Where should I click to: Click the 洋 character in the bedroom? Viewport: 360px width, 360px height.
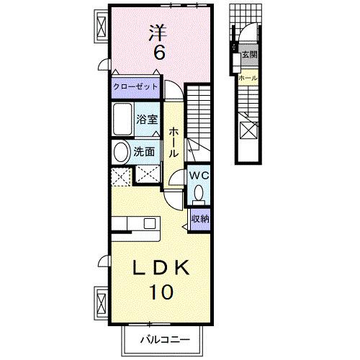pyautogui.click(x=158, y=33)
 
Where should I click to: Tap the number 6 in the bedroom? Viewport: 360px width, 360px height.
pyautogui.click(x=158, y=53)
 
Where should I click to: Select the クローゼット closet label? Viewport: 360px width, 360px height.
pyautogui.click(x=135, y=86)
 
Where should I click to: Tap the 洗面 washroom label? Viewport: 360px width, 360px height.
pyautogui.click(x=145, y=151)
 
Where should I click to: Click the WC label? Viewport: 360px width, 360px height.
pyautogui.click(x=198, y=176)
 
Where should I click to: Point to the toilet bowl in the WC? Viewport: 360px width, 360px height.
pyautogui.click(x=198, y=193)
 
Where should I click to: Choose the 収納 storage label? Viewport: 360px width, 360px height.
pyautogui.click(x=200, y=218)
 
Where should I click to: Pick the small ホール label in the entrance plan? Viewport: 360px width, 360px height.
pyautogui.click(x=247, y=77)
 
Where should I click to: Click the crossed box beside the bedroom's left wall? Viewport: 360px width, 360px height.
pyautogui.click(x=100, y=28)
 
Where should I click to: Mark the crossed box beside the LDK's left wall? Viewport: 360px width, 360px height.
pyautogui.click(x=100, y=301)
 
